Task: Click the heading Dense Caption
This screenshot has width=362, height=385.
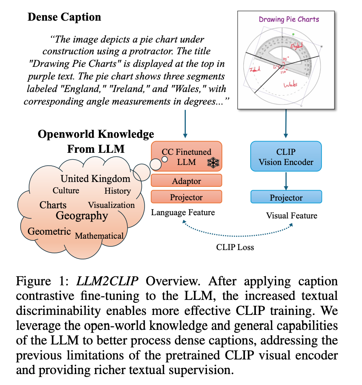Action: point(64,17)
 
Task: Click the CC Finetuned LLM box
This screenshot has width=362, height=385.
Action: point(186,157)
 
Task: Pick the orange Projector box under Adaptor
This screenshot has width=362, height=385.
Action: point(186,197)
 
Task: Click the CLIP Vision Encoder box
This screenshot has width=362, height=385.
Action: point(286,157)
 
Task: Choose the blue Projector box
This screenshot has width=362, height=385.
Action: point(286,197)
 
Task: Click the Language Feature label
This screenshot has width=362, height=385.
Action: point(183,212)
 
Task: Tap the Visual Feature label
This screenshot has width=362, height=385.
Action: point(292,216)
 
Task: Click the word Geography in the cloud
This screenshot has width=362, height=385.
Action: point(82,216)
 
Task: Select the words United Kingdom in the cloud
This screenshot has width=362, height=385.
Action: point(96,179)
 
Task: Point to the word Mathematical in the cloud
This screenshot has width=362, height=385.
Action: point(99,236)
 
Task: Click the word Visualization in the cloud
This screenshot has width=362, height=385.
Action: point(111,205)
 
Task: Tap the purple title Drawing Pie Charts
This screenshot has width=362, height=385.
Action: point(289,19)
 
